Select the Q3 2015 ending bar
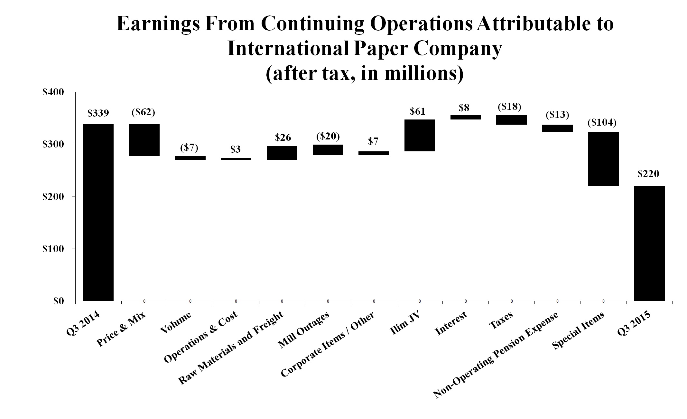(649, 243)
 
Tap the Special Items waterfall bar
(603, 158)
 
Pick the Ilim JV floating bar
(420, 135)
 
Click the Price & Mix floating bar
(144, 140)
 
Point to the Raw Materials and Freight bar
(282, 153)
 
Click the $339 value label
(98, 113)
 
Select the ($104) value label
(602, 123)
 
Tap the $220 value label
(649, 174)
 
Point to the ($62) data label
(144, 113)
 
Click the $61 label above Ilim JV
(418, 111)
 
